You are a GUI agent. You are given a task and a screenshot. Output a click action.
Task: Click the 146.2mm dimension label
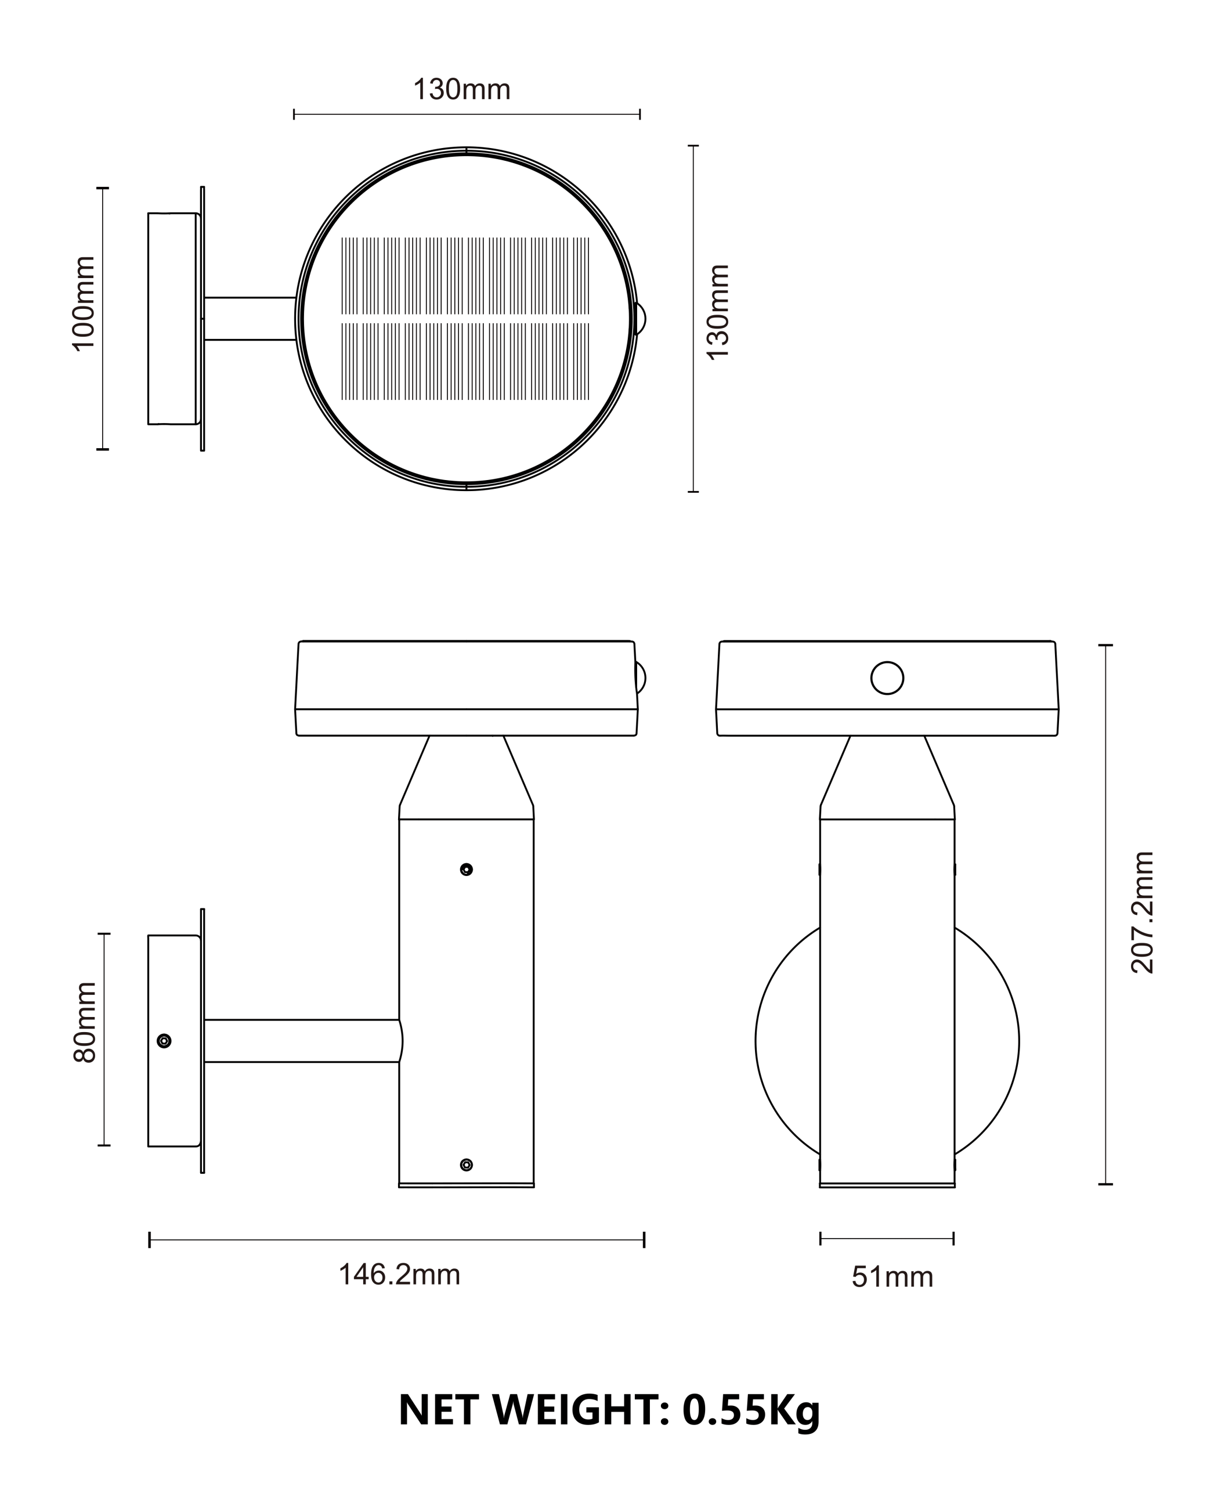pos(399,1275)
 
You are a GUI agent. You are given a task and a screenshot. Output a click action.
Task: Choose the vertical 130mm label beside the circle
pos(717,312)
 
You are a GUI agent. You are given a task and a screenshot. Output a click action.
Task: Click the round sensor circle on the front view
pos(887,678)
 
